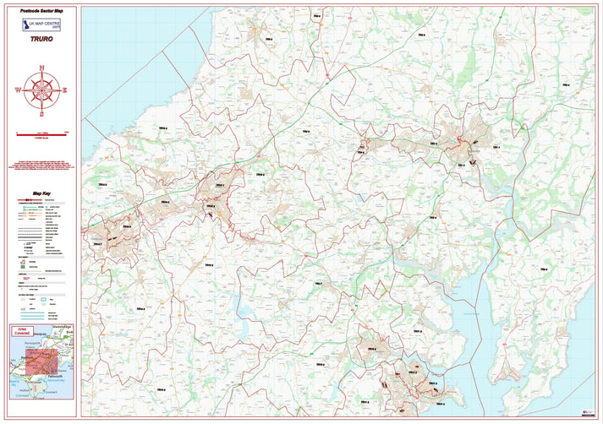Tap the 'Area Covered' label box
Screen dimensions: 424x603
[23, 333]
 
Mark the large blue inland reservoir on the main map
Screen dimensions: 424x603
[250, 329]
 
